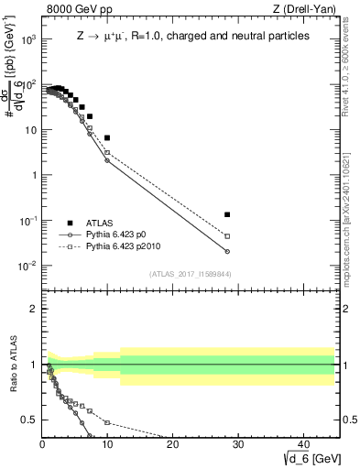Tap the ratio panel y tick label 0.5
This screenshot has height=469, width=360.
pyautogui.click(x=30, y=420)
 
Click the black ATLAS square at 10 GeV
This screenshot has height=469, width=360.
pyautogui.click(x=107, y=137)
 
